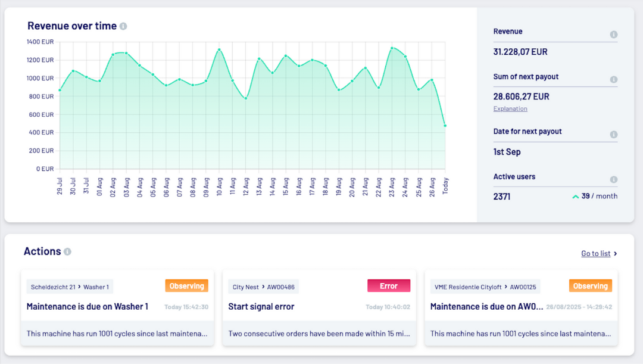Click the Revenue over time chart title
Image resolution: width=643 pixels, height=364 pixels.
pos(71,26)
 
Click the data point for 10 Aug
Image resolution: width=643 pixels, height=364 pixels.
pos(219,49)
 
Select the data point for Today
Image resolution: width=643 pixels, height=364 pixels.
pos(445,126)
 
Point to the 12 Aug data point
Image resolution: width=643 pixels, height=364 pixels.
pos(246,98)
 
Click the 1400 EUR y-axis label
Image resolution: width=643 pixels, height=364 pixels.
pos(40,42)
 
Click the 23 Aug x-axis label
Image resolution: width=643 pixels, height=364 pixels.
pos(392,186)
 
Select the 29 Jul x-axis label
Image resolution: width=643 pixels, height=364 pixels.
pos(60,186)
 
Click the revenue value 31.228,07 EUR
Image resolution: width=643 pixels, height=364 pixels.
pos(520,52)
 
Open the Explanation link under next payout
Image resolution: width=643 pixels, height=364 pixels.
pos(510,108)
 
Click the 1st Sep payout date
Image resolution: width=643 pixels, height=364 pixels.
pos(507,152)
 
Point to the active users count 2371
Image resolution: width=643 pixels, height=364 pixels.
pos(502,197)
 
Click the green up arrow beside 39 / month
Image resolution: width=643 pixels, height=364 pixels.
pos(576,197)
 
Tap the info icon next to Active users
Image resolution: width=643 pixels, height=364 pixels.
pos(613,179)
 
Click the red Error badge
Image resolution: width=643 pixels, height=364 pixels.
pos(389,286)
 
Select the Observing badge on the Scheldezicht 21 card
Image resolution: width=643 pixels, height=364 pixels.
pos(186,286)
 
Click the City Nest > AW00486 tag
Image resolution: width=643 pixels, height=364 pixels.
pos(263,287)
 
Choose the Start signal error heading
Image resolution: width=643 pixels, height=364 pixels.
pos(261,307)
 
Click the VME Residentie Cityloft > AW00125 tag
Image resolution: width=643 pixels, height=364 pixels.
pos(485,287)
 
